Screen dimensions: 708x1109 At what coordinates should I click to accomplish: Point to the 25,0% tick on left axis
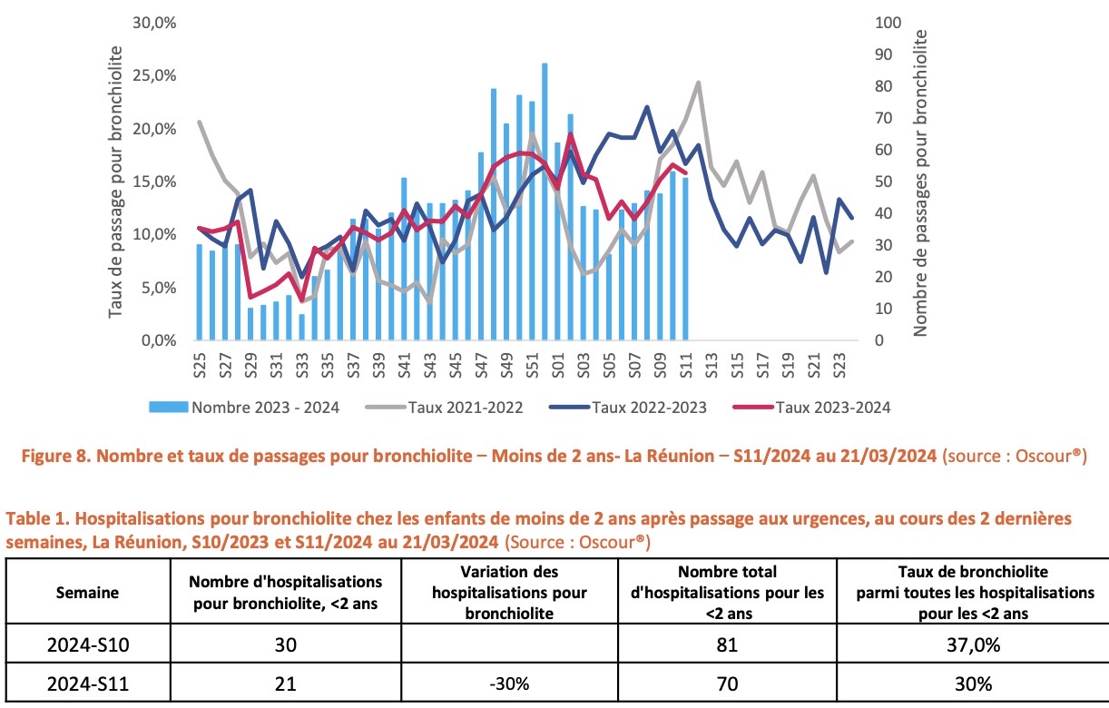tap(154, 75)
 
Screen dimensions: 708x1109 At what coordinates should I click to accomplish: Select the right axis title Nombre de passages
tap(920, 182)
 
